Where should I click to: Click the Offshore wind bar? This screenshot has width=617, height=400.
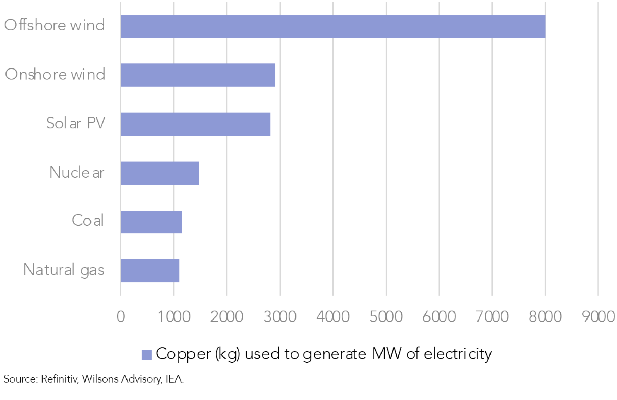[333, 26]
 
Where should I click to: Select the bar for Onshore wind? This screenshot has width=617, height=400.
[198, 75]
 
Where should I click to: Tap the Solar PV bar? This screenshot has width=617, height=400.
[195, 124]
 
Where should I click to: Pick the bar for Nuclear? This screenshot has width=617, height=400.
[160, 173]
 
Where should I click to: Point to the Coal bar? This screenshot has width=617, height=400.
[151, 222]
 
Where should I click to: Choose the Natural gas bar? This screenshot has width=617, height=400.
[150, 271]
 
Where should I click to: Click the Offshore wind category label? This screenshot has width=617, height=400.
[55, 25]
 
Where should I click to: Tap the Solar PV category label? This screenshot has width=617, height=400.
[75, 123]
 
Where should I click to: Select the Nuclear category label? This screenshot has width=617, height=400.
[77, 172]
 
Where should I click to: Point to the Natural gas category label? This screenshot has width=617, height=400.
[64, 270]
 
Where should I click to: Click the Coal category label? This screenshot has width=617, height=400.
[87, 220]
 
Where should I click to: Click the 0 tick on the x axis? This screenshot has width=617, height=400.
[121, 317]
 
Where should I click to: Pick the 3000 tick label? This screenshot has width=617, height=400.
[280, 317]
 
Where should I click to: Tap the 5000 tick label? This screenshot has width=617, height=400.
[386, 317]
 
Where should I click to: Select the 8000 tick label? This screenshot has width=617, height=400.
[545, 317]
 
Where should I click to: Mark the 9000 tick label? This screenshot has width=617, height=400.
[598, 317]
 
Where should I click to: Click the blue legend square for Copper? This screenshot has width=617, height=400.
[147, 355]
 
